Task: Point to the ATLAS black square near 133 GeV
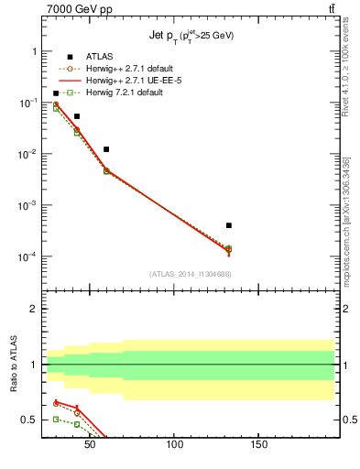coord(229,225)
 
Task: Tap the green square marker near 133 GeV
coord(229,249)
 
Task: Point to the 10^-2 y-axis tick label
coord(28,154)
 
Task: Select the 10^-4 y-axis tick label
coord(28,256)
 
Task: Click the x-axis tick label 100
coord(174,445)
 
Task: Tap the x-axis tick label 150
coord(258,445)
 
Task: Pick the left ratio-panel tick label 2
coord(34,309)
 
